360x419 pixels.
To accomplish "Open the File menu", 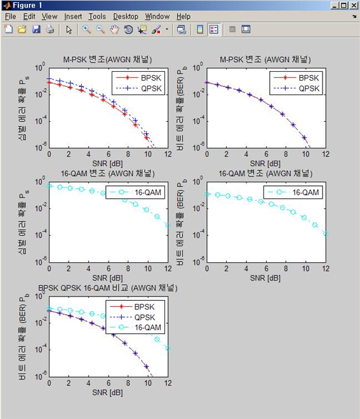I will [x=11, y=17].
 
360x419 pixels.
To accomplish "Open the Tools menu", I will [x=97, y=17].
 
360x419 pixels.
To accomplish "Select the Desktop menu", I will [x=126, y=17].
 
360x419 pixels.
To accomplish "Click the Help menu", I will [x=183, y=17].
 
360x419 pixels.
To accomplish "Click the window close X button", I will [x=352, y=5].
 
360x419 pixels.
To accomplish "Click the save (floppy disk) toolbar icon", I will [x=36, y=29].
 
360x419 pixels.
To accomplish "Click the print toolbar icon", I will [x=50, y=29].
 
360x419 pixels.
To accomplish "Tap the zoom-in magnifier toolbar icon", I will [x=86, y=29].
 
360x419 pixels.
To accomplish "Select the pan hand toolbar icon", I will [x=114, y=29].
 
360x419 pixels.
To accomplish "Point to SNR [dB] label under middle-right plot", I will [x=265, y=277].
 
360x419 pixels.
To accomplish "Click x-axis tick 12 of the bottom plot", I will [x=168, y=383].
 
